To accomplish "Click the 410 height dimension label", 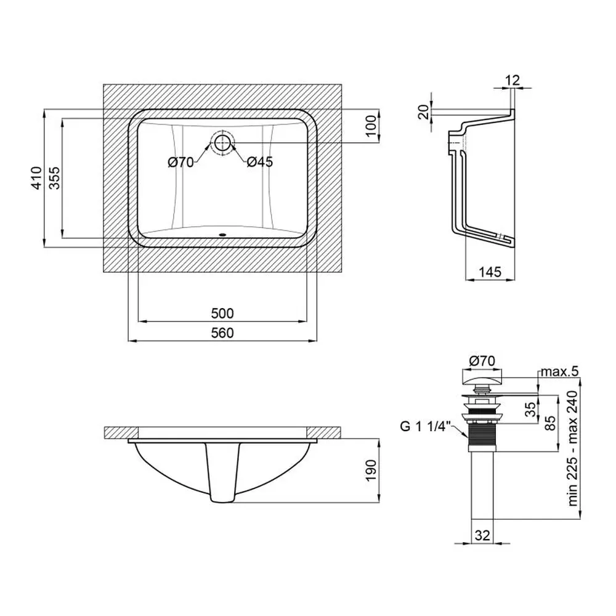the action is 36,178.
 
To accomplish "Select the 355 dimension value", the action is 55,178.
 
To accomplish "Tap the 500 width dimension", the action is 222,314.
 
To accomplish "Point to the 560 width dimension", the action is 222,333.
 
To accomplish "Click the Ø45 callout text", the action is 260,162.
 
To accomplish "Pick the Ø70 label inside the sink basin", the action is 180,162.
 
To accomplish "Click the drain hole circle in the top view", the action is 223,143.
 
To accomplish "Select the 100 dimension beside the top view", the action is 371,126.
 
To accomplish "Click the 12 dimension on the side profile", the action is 513,80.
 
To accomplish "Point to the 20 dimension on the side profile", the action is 423,112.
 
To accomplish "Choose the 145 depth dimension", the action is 490,272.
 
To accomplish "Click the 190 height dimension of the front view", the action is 371,470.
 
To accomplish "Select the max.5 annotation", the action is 560,371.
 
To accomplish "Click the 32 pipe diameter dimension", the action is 482,535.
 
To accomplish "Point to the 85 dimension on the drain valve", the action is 551,423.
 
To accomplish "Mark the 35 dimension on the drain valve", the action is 530,409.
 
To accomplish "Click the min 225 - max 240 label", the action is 573,448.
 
